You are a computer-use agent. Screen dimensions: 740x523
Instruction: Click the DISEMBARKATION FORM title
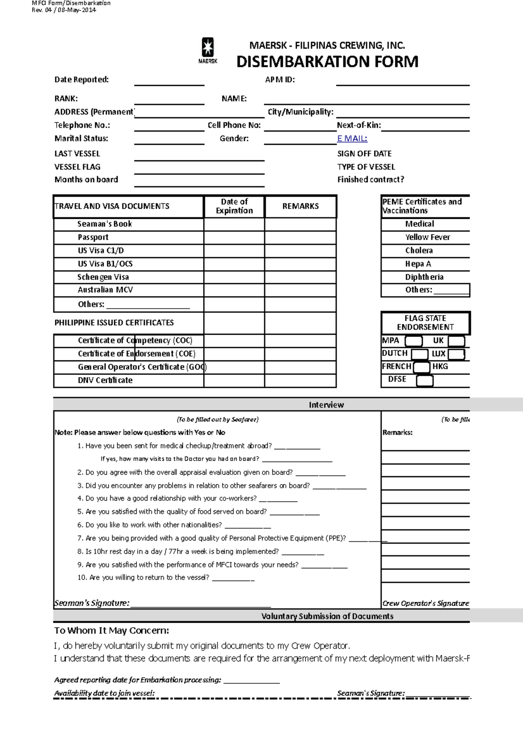pyautogui.click(x=327, y=62)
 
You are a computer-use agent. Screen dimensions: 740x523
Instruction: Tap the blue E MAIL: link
pyautogui.click(x=352, y=139)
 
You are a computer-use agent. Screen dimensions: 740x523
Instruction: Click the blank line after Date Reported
pyautogui.click(x=169, y=81)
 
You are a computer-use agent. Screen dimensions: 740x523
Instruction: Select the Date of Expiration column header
pyautogui.click(x=234, y=206)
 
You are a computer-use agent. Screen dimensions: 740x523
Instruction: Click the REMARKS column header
pyautogui.click(x=300, y=206)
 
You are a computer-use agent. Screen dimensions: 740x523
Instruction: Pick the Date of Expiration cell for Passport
pyautogui.click(x=234, y=238)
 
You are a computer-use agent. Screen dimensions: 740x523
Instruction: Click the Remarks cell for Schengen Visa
pyautogui.click(x=300, y=277)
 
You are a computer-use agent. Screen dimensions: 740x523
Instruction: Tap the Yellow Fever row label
pyautogui.click(x=427, y=237)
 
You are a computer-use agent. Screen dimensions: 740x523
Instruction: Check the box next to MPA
pyautogui.click(x=414, y=341)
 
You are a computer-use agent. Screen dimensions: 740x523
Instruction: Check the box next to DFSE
pyautogui.click(x=425, y=380)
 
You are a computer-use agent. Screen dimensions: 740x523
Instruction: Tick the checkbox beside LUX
pyautogui.click(x=456, y=354)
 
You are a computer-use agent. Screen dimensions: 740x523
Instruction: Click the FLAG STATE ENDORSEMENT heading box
pyautogui.click(x=425, y=323)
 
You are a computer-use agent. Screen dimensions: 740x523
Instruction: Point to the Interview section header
pyautogui.click(x=326, y=405)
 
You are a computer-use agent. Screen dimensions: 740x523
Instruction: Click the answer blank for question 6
pyautogui.click(x=248, y=526)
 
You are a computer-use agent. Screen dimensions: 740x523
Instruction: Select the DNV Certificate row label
pyautogui.click(x=105, y=380)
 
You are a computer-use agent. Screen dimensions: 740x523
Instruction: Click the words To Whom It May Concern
pyautogui.click(x=112, y=631)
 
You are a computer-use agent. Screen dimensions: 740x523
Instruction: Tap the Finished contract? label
pyautogui.click(x=370, y=180)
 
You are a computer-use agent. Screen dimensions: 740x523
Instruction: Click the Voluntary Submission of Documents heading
pyautogui.click(x=327, y=616)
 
